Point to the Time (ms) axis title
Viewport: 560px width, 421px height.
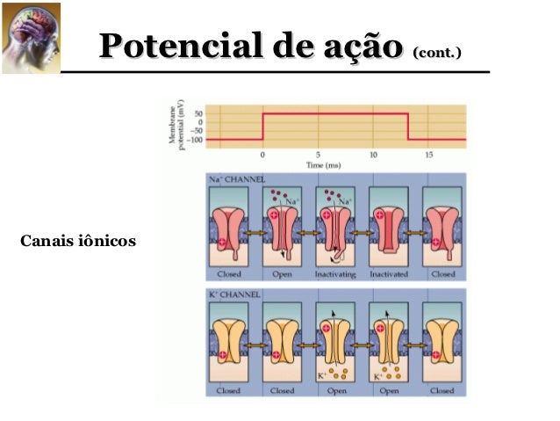pos(323,164)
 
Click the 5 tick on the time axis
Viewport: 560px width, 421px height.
pos(318,155)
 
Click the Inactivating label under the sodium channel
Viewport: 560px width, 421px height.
pos(335,274)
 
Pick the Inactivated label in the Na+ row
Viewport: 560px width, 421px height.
pos(389,274)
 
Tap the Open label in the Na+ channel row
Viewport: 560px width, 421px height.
pos(282,274)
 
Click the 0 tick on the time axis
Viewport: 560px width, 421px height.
pos(262,155)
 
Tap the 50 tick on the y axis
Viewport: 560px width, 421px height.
pos(198,113)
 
